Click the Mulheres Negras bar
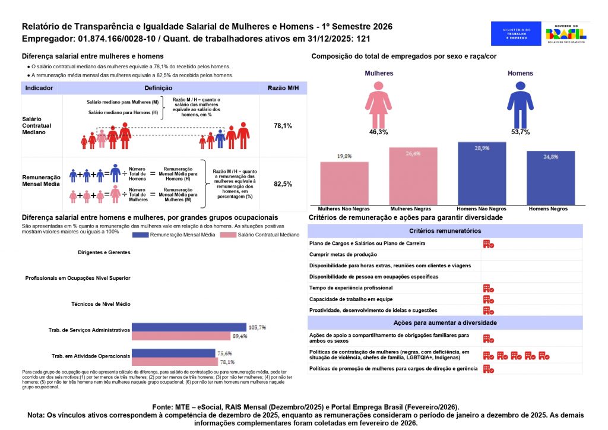pos(413,176)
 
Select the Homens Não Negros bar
pos(482,173)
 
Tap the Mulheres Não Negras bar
pos(344,184)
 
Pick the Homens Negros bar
pos(550,178)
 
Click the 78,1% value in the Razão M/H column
pos(283,126)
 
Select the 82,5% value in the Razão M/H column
pos(283,184)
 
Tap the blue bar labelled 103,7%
pos(188,327)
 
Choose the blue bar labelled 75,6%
pos(173,353)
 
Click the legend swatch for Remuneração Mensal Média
pos(148,235)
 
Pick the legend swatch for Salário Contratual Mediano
pos(229,235)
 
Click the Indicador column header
pos(40,88)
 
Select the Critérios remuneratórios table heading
pos(445,231)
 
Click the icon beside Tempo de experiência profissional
pos(488,288)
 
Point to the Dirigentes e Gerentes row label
pos(104,252)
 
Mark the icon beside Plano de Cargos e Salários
pos(488,244)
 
